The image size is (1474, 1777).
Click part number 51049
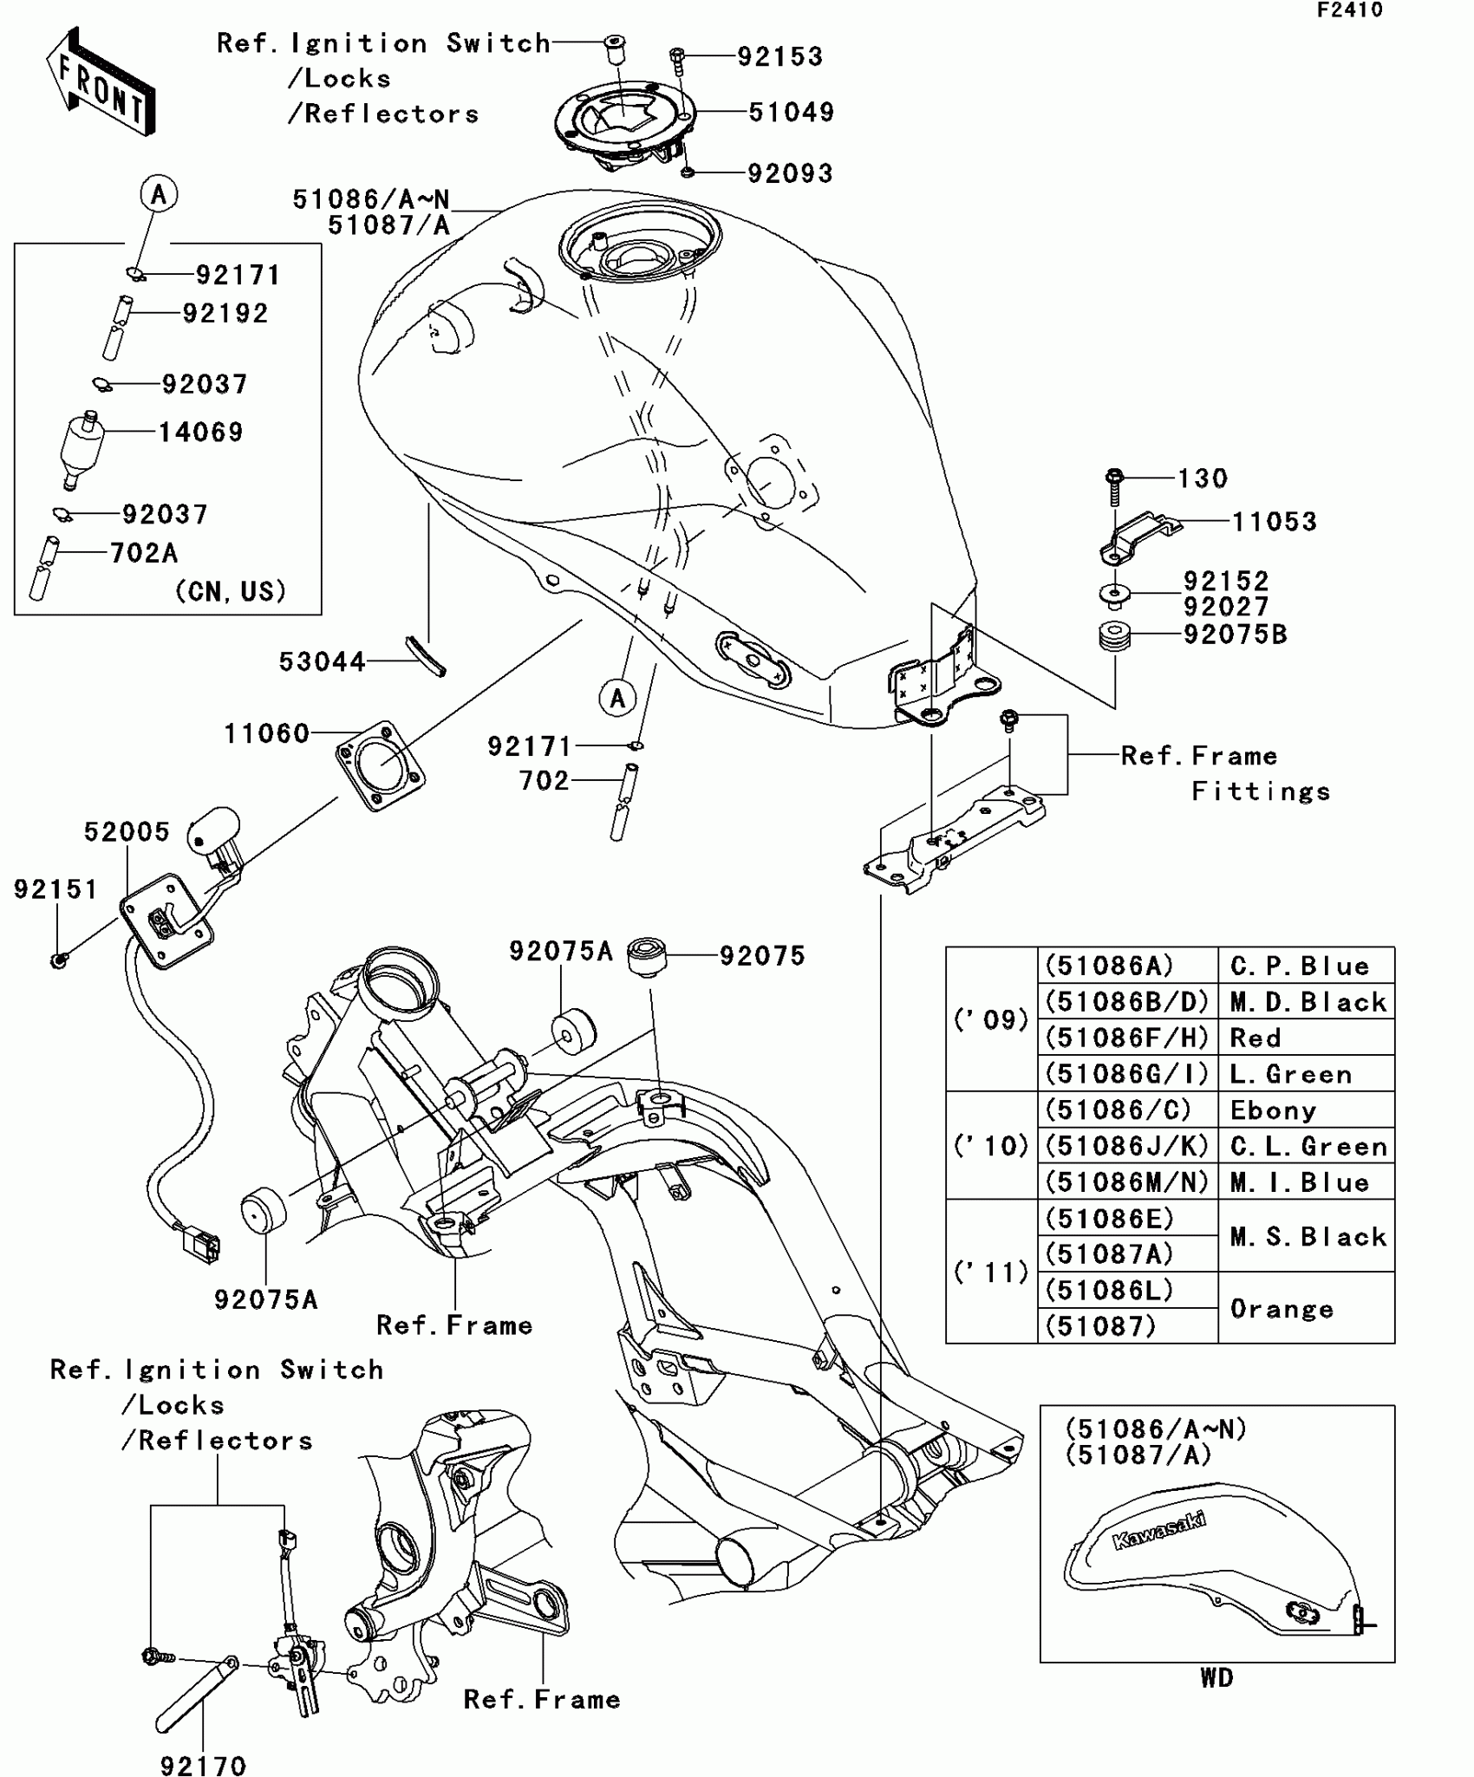pyautogui.click(x=791, y=113)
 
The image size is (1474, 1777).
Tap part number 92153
pyautogui.click(x=779, y=57)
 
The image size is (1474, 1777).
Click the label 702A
pyautogui.click(x=143, y=553)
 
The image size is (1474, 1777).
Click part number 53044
pyautogui.click(x=322, y=662)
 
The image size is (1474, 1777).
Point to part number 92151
pyautogui.click(x=55, y=889)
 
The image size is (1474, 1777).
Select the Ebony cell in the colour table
pyautogui.click(x=1273, y=1110)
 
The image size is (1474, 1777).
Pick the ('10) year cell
pyautogui.click(x=991, y=1146)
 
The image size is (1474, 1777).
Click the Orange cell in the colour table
pyautogui.click(x=1282, y=1309)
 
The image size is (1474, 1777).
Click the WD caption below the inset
pyautogui.click(x=1216, y=1678)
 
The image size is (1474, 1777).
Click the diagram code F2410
pyautogui.click(x=1350, y=10)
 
